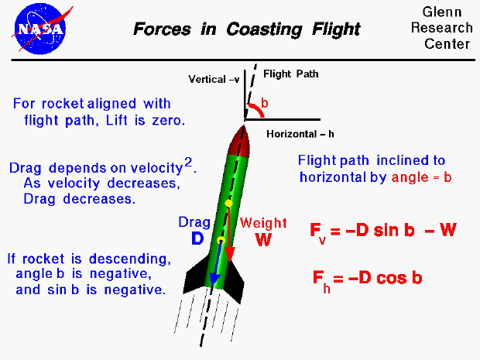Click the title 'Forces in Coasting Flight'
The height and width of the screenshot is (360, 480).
[x=247, y=29]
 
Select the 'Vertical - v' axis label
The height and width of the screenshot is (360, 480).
[x=214, y=79]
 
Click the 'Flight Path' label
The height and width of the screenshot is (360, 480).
[x=291, y=74]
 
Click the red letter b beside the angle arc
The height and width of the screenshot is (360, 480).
[x=265, y=103]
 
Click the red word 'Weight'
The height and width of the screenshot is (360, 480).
[x=262, y=223]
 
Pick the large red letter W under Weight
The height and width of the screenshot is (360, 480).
[x=263, y=240]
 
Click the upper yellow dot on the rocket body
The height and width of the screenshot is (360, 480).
[x=229, y=203]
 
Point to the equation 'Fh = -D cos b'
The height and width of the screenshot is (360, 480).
[x=367, y=279]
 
